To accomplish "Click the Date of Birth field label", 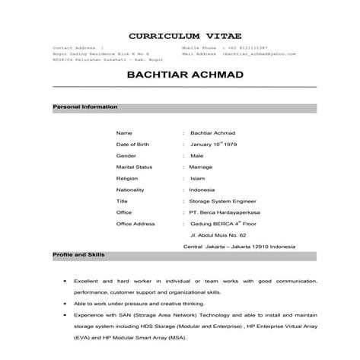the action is click(x=132, y=143).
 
